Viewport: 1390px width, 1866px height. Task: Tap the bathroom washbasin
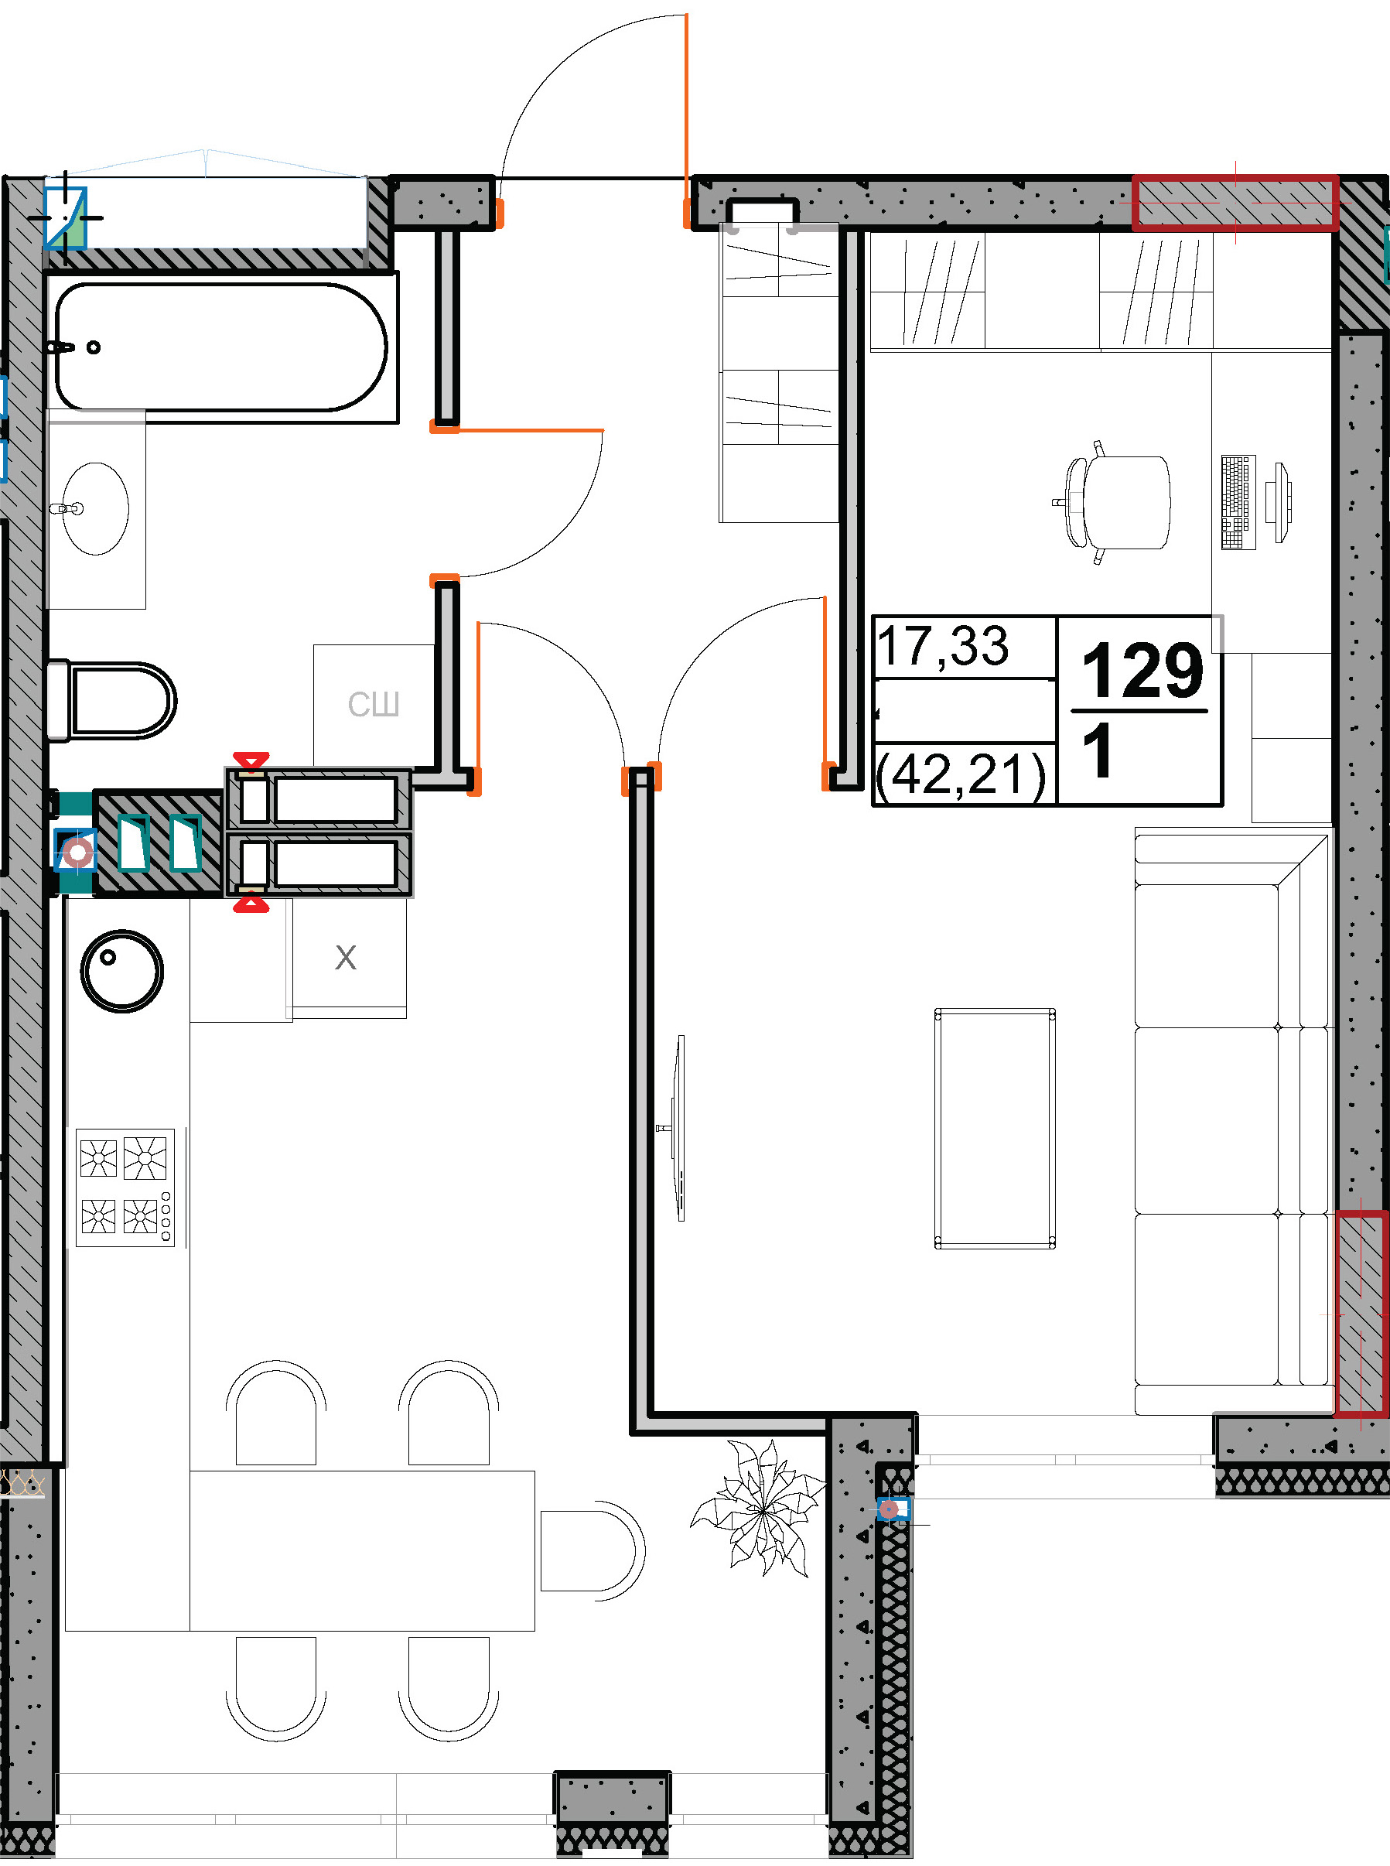tap(96, 508)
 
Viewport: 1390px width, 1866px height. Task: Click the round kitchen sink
tap(122, 971)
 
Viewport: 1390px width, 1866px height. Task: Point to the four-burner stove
tap(125, 1187)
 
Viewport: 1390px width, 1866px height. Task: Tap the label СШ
tap(374, 704)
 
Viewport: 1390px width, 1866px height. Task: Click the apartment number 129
tap(1142, 670)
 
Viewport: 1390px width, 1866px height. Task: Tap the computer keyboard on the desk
tap(1238, 502)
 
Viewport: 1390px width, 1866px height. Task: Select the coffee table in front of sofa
tap(995, 1128)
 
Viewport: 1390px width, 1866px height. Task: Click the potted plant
tap(760, 1509)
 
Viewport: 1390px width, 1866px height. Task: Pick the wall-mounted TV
tap(678, 1127)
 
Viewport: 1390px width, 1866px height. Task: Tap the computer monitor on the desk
tap(1282, 502)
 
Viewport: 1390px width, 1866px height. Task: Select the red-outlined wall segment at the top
tap(1235, 203)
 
